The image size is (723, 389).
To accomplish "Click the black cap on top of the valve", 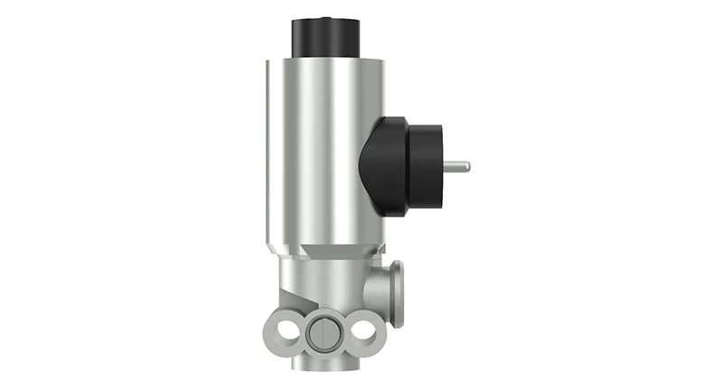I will pyautogui.click(x=325, y=37).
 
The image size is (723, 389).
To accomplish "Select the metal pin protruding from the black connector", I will pyautogui.click(x=455, y=166).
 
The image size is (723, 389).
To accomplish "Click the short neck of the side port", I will pyautogui.click(x=382, y=291).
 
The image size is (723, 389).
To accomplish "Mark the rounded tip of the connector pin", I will pyautogui.click(x=467, y=166).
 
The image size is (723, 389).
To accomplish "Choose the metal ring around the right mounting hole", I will pyautogui.click(x=377, y=332).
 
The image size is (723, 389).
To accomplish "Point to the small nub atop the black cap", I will pyautogui.click(x=325, y=18).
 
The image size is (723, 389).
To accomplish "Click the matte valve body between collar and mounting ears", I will pyautogui.click(x=330, y=284).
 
